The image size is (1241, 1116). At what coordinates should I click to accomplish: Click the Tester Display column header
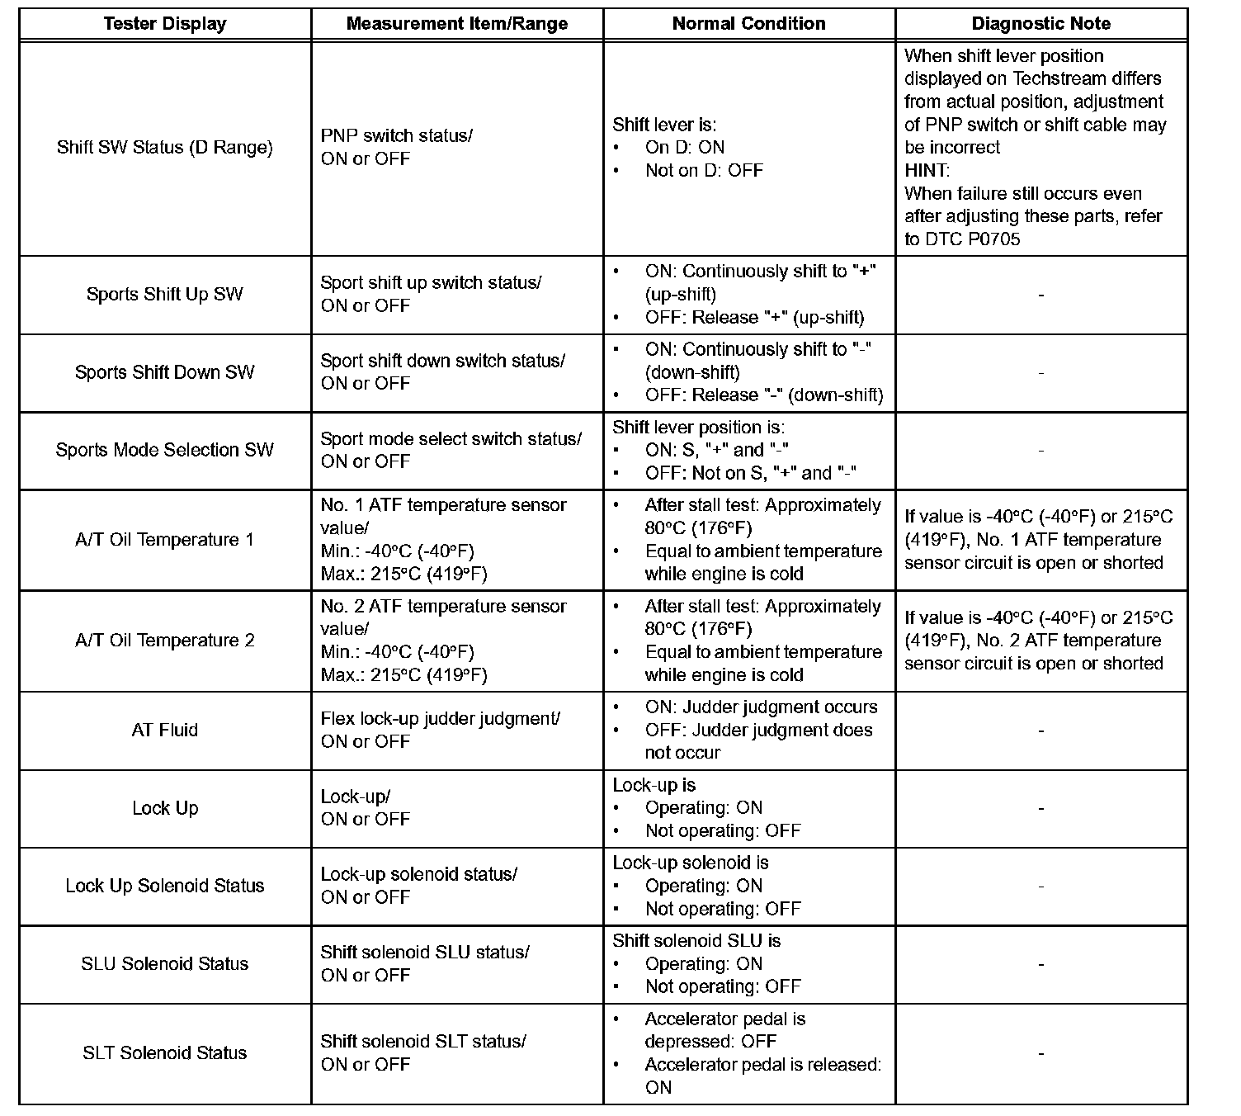[x=165, y=24]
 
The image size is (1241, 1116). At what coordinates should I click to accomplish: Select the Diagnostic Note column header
[x=1040, y=24]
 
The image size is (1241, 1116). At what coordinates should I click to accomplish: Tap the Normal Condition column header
[x=748, y=24]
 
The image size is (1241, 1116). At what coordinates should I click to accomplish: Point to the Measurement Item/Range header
[x=456, y=24]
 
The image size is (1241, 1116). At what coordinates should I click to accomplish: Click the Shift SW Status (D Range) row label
[x=165, y=148]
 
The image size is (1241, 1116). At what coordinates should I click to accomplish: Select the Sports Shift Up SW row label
[x=165, y=295]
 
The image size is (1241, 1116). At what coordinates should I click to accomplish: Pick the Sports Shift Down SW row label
[x=165, y=372]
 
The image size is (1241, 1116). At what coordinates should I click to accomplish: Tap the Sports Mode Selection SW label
[x=165, y=450]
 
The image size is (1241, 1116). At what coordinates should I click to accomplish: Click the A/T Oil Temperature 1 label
[x=165, y=540]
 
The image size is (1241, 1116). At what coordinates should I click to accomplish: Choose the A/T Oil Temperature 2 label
[x=165, y=641]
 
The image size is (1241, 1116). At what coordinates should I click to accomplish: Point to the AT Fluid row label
[x=165, y=731]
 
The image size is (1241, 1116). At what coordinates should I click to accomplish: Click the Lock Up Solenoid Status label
[x=165, y=886]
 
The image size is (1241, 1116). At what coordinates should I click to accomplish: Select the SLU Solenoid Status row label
[x=165, y=963]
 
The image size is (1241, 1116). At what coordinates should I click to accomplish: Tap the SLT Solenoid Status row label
[x=165, y=1053]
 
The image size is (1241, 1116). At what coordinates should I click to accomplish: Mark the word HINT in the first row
[x=926, y=171]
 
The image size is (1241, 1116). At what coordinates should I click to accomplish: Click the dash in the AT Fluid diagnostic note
[x=1040, y=731]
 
